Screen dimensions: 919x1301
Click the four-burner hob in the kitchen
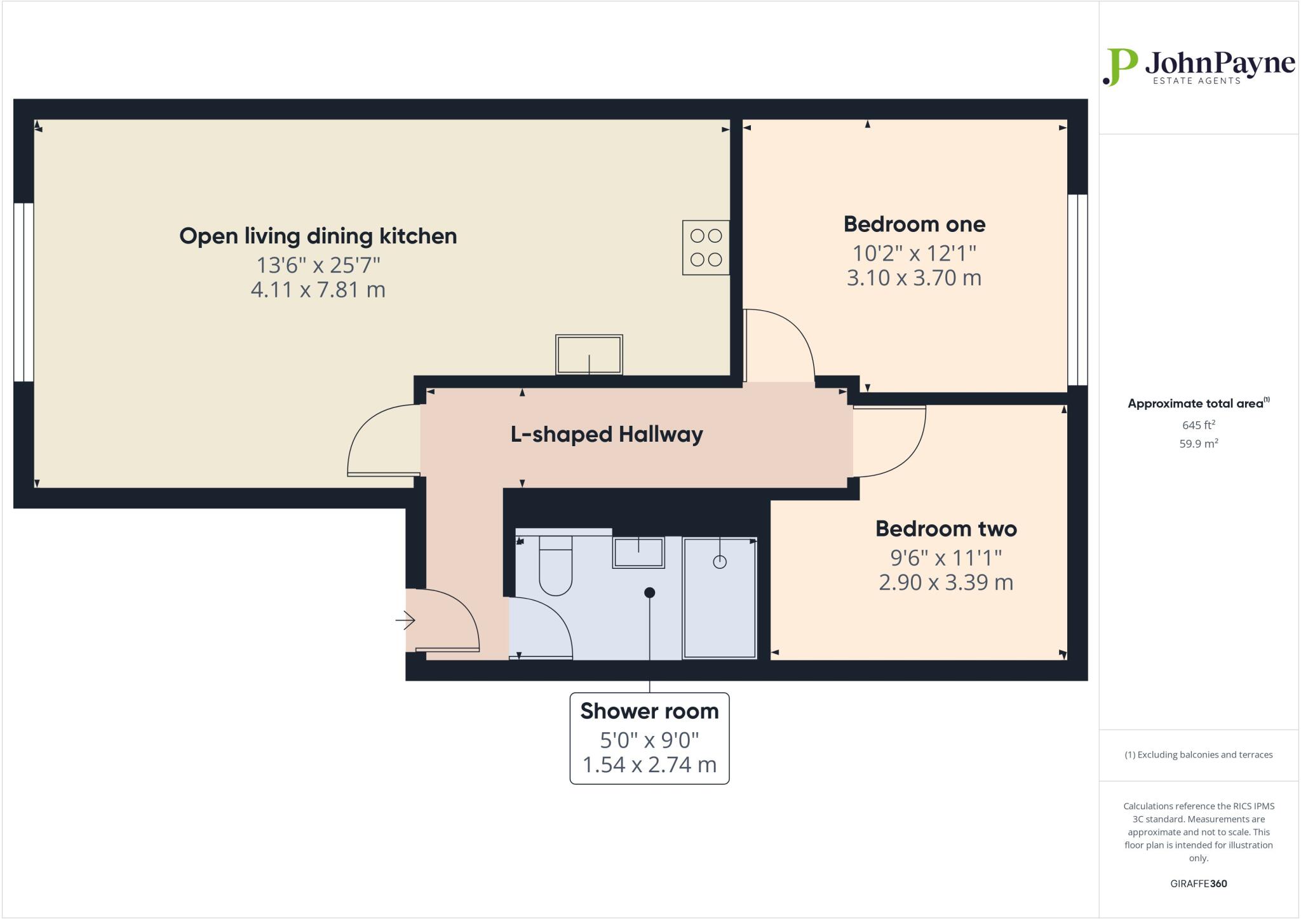[706, 247]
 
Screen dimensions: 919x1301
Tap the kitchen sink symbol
[589, 355]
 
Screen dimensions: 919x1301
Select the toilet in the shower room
[555, 566]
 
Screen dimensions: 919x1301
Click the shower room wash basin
[638, 552]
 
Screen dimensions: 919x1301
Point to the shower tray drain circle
[719, 562]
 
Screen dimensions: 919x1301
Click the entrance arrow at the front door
[405, 620]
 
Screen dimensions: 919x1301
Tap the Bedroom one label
[914, 224]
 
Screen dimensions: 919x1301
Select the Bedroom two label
[946, 529]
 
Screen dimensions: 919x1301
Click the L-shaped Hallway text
[607, 435]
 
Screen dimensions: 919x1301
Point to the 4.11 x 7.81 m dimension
[318, 290]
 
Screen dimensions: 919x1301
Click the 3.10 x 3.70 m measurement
[914, 278]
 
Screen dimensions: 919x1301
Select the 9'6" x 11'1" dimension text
[946, 557]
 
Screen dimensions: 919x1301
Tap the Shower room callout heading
[649, 711]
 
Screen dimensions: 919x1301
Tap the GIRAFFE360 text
[1198, 883]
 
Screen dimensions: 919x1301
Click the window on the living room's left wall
[24, 292]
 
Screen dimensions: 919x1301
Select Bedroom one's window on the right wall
[1077, 290]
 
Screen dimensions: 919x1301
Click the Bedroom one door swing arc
[794, 330]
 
